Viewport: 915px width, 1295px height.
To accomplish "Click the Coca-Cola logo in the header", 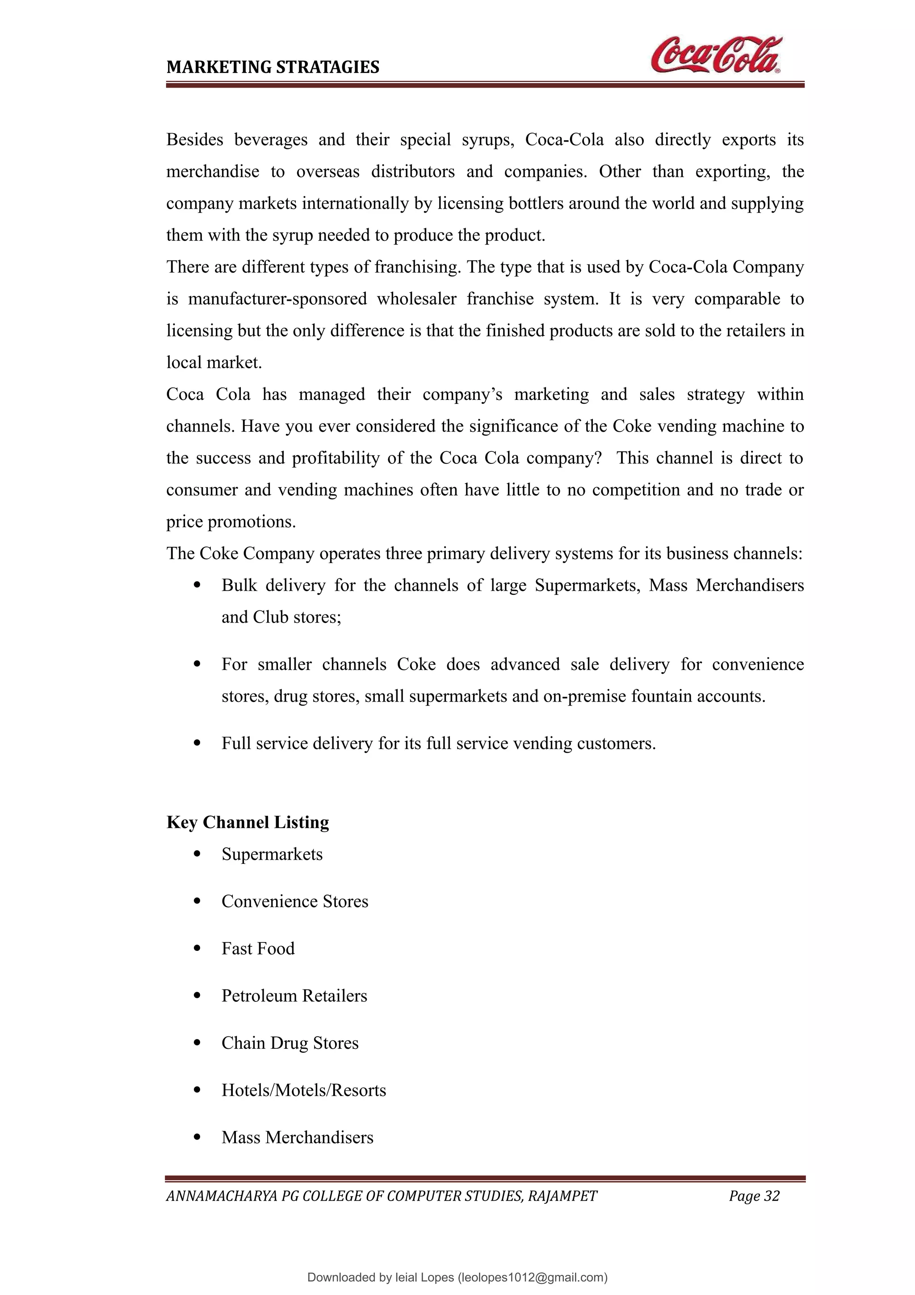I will (x=716, y=55).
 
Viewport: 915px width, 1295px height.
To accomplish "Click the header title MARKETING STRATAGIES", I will (x=273, y=67).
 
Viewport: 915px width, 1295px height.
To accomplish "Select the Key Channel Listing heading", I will (x=248, y=822).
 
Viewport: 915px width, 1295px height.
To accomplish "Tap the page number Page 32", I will (x=754, y=1196).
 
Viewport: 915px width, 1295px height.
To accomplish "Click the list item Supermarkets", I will (x=272, y=854).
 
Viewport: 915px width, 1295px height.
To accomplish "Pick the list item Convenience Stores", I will (x=294, y=901).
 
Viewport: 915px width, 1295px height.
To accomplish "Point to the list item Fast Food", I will (x=258, y=949).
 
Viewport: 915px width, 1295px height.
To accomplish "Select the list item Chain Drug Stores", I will (x=290, y=1043).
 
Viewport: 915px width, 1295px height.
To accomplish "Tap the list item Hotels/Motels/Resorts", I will (x=303, y=1090).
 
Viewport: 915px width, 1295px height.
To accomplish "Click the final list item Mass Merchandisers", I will (x=297, y=1138).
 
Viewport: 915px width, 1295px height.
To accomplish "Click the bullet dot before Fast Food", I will (x=197, y=949).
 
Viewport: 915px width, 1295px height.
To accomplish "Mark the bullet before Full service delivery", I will (x=197, y=744).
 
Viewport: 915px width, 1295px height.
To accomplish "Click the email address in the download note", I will (x=533, y=1278).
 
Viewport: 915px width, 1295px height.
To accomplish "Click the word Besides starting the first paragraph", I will (x=194, y=139).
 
